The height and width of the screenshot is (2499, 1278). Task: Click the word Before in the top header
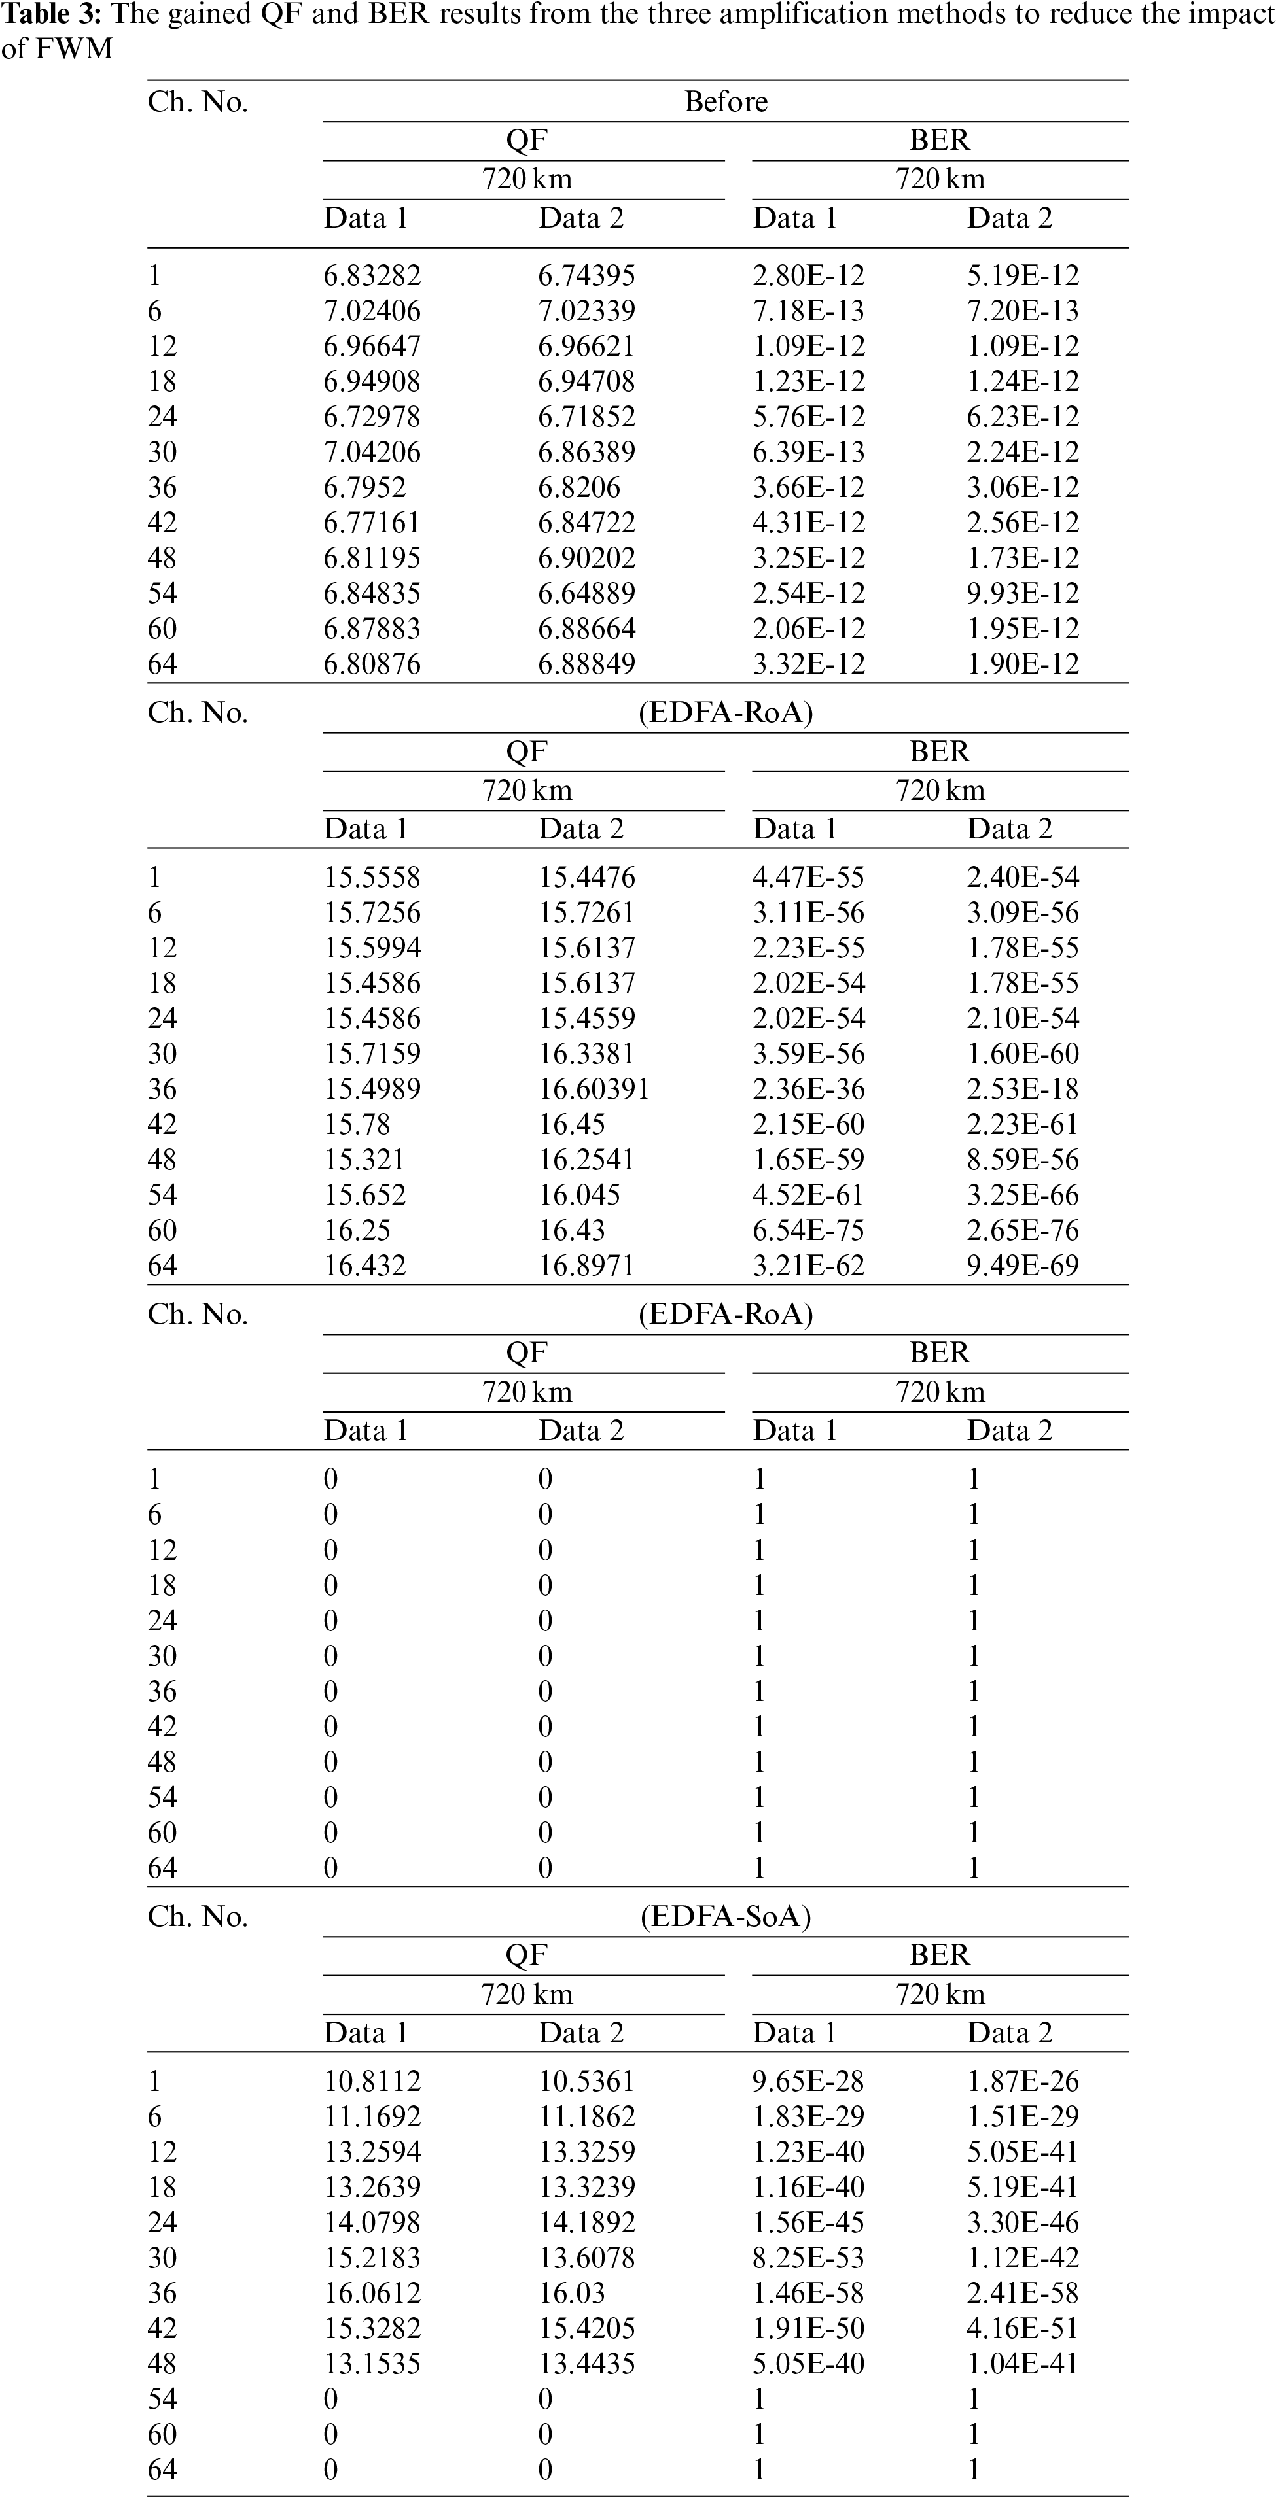[x=725, y=102]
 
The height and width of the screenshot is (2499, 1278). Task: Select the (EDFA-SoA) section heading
[x=725, y=1916]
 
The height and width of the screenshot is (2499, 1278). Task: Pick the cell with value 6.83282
[x=372, y=275]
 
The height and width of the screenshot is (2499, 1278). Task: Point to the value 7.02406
[x=372, y=311]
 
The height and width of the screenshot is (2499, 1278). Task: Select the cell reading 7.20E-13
[x=1022, y=311]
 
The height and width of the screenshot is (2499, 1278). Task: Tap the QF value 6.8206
[x=578, y=488]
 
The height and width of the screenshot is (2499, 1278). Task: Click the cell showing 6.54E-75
[x=808, y=1230]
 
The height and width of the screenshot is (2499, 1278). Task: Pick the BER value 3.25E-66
[x=1022, y=1195]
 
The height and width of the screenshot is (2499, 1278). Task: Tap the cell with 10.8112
[x=372, y=2081]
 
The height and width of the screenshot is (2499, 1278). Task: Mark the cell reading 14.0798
[x=372, y=2222]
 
